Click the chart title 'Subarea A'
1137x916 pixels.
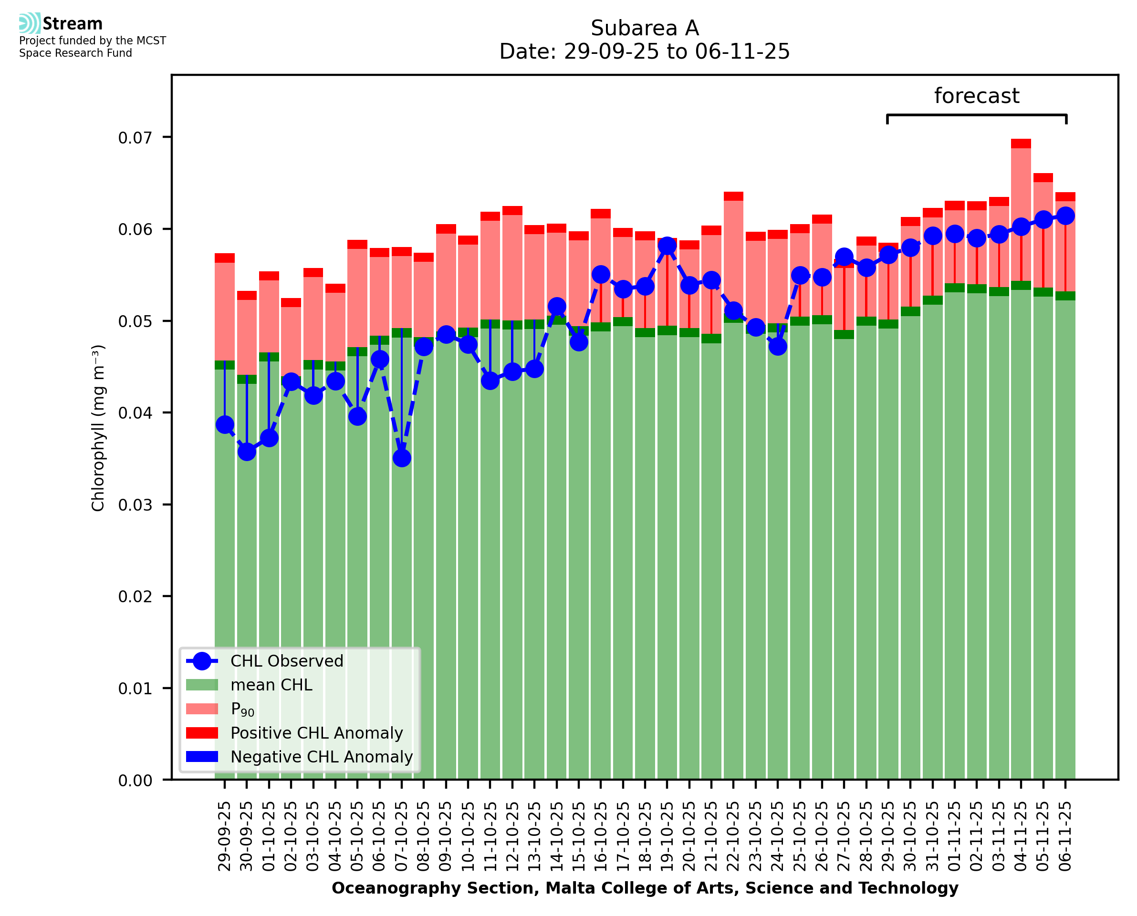pos(645,28)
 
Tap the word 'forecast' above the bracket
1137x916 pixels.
pos(977,96)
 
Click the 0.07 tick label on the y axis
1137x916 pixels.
pos(135,138)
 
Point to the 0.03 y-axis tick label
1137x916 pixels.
pos(135,505)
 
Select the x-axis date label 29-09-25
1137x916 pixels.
pos(225,836)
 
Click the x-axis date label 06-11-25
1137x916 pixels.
pos(1065,836)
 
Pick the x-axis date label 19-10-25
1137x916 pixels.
pos(667,836)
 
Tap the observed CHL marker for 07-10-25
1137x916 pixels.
pos(402,458)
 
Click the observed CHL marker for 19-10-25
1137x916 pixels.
pos(667,246)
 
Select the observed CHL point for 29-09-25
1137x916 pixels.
pos(225,425)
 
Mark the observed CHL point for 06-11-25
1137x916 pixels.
pos(1065,216)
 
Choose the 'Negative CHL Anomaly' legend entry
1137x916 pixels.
pos(321,757)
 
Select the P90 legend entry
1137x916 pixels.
pos(242,709)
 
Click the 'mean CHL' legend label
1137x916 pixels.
pos(271,685)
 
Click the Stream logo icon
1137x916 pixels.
pos(30,23)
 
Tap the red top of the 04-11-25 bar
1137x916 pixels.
pos(1021,144)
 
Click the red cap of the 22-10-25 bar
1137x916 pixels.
pos(733,196)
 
